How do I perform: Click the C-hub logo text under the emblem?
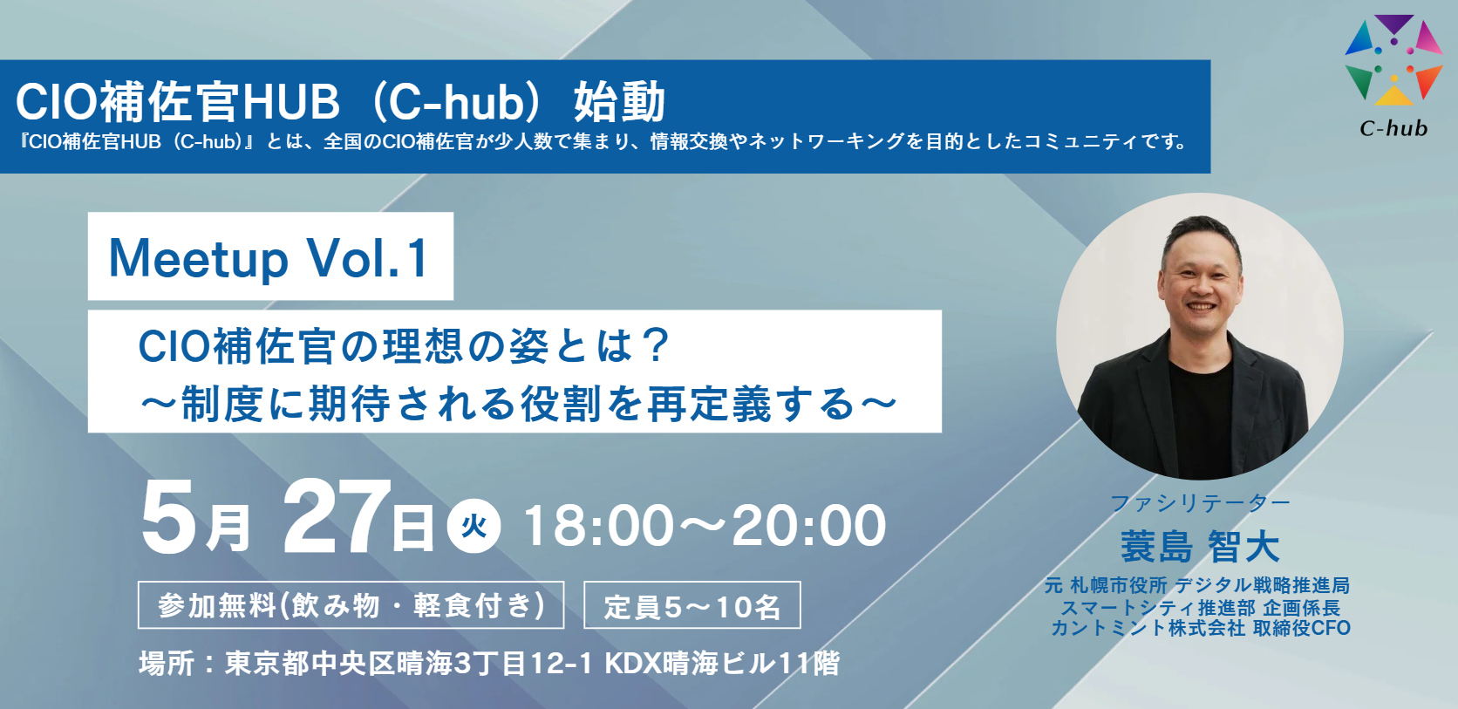[1393, 127]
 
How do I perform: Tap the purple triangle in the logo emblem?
[1393, 24]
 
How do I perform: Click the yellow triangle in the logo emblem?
[1393, 96]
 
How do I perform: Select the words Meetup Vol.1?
[269, 258]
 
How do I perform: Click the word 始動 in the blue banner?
[619, 101]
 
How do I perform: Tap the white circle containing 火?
[474, 526]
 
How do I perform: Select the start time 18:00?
[598, 525]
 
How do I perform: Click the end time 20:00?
[809, 525]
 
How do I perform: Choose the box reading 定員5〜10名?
[692, 605]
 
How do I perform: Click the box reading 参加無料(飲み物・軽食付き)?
[351, 605]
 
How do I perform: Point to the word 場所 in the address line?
[166, 664]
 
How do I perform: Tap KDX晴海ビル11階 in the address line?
[722, 664]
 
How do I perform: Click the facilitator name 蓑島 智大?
[1200, 546]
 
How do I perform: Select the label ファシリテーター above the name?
[1200, 502]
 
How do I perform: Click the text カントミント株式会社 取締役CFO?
[1200, 628]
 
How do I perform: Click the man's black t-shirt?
[1201, 417]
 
